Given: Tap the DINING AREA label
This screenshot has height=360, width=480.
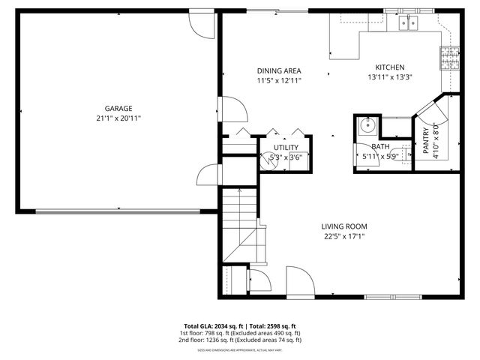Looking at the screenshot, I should [x=279, y=70].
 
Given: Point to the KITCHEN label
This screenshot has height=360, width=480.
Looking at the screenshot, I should [x=390, y=67].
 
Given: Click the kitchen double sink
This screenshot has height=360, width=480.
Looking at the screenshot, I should [x=409, y=23].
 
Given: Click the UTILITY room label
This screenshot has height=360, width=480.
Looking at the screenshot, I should [x=286, y=148].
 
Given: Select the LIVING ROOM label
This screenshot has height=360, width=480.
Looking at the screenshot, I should [x=344, y=226].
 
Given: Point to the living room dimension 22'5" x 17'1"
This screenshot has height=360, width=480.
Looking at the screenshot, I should [x=344, y=236].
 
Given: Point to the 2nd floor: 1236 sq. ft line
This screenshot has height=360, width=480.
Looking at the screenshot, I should [x=240, y=340].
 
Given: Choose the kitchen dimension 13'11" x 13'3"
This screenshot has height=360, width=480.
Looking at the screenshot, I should [x=390, y=76].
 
